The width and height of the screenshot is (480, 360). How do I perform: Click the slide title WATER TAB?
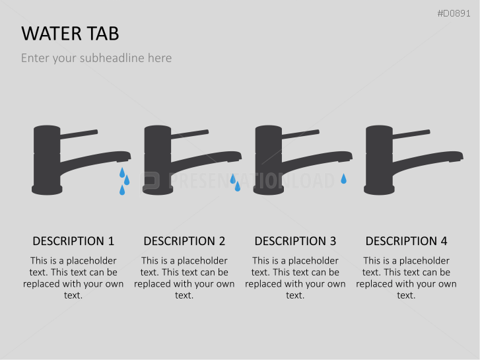70,34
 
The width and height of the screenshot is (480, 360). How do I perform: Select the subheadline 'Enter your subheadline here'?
96,58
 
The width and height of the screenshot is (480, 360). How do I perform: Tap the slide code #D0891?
454,13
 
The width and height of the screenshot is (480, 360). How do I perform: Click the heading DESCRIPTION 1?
73,241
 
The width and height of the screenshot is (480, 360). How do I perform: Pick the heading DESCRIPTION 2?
184,241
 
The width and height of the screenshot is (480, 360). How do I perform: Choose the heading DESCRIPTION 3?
295,241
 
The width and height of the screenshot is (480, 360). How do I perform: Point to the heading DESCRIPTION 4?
406,241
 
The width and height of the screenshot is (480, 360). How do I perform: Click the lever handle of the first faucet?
79,134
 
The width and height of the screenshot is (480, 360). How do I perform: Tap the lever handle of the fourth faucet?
411,134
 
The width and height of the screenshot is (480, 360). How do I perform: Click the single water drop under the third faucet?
343,179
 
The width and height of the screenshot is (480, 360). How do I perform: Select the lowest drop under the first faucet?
122,191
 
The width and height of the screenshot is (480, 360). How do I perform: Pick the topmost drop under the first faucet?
122,173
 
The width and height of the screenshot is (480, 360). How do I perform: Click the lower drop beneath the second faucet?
238,186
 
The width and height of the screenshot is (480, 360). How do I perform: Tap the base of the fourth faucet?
379,190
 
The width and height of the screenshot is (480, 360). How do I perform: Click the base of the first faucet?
47,190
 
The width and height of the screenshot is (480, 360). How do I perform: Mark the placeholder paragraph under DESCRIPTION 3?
295,278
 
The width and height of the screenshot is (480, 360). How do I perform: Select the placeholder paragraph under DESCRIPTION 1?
73,278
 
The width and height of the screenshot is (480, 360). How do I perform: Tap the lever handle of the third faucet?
300,134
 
